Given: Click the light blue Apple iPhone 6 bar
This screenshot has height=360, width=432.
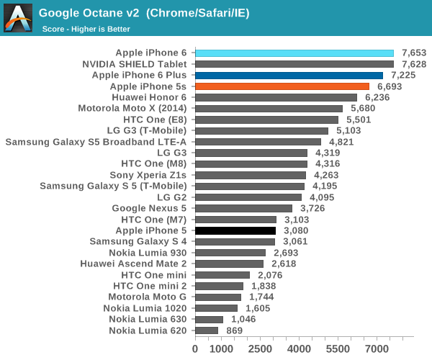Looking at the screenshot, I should pos(294,53).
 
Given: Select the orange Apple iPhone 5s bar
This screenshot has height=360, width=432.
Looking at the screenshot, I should pos(282,86).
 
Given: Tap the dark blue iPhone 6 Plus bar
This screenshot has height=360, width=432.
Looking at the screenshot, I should pos(289,75).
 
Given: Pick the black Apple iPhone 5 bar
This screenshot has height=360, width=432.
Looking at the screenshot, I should pos(235,230).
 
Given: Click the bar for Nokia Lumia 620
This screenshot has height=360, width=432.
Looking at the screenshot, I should pos(207,330).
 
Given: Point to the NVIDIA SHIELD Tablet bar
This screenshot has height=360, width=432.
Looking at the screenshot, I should pos(294,64).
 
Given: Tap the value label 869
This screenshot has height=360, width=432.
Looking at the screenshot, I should pos(233,330).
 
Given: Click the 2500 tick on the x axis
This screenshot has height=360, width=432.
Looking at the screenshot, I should pos(260,348).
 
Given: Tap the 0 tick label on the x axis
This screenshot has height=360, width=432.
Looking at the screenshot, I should pos(195,348).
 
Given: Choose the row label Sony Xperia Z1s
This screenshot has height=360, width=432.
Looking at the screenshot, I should pos(148,175).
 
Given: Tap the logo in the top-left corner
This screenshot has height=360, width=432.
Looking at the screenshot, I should pos(17,17).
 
